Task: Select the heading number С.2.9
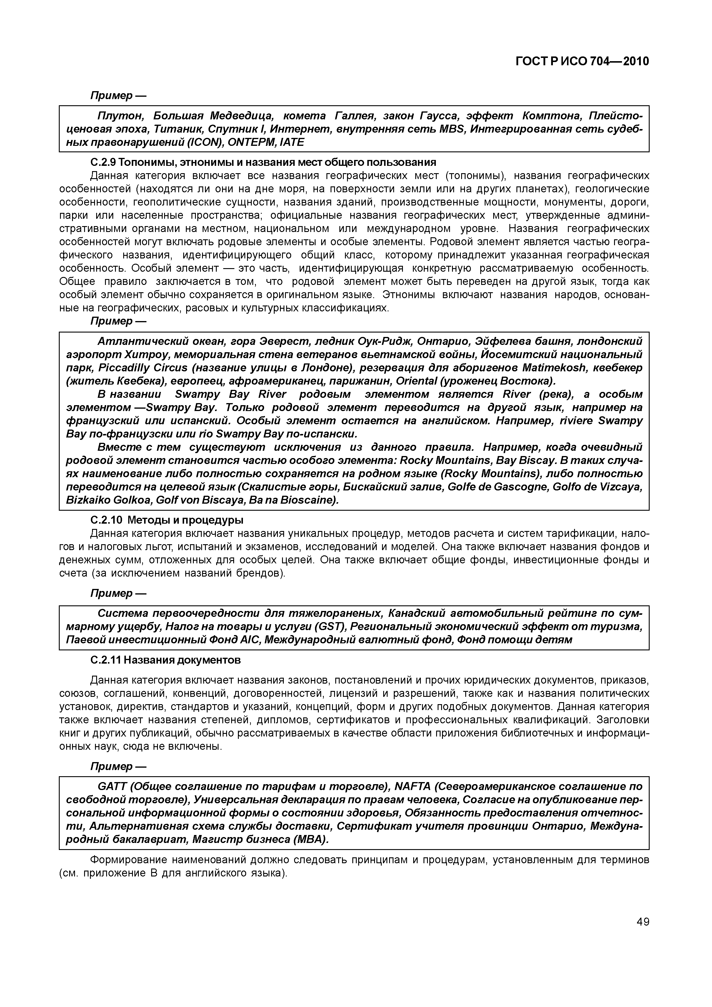[x=103, y=162]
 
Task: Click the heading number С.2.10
[x=105, y=520]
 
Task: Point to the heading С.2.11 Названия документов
[x=165, y=660]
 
